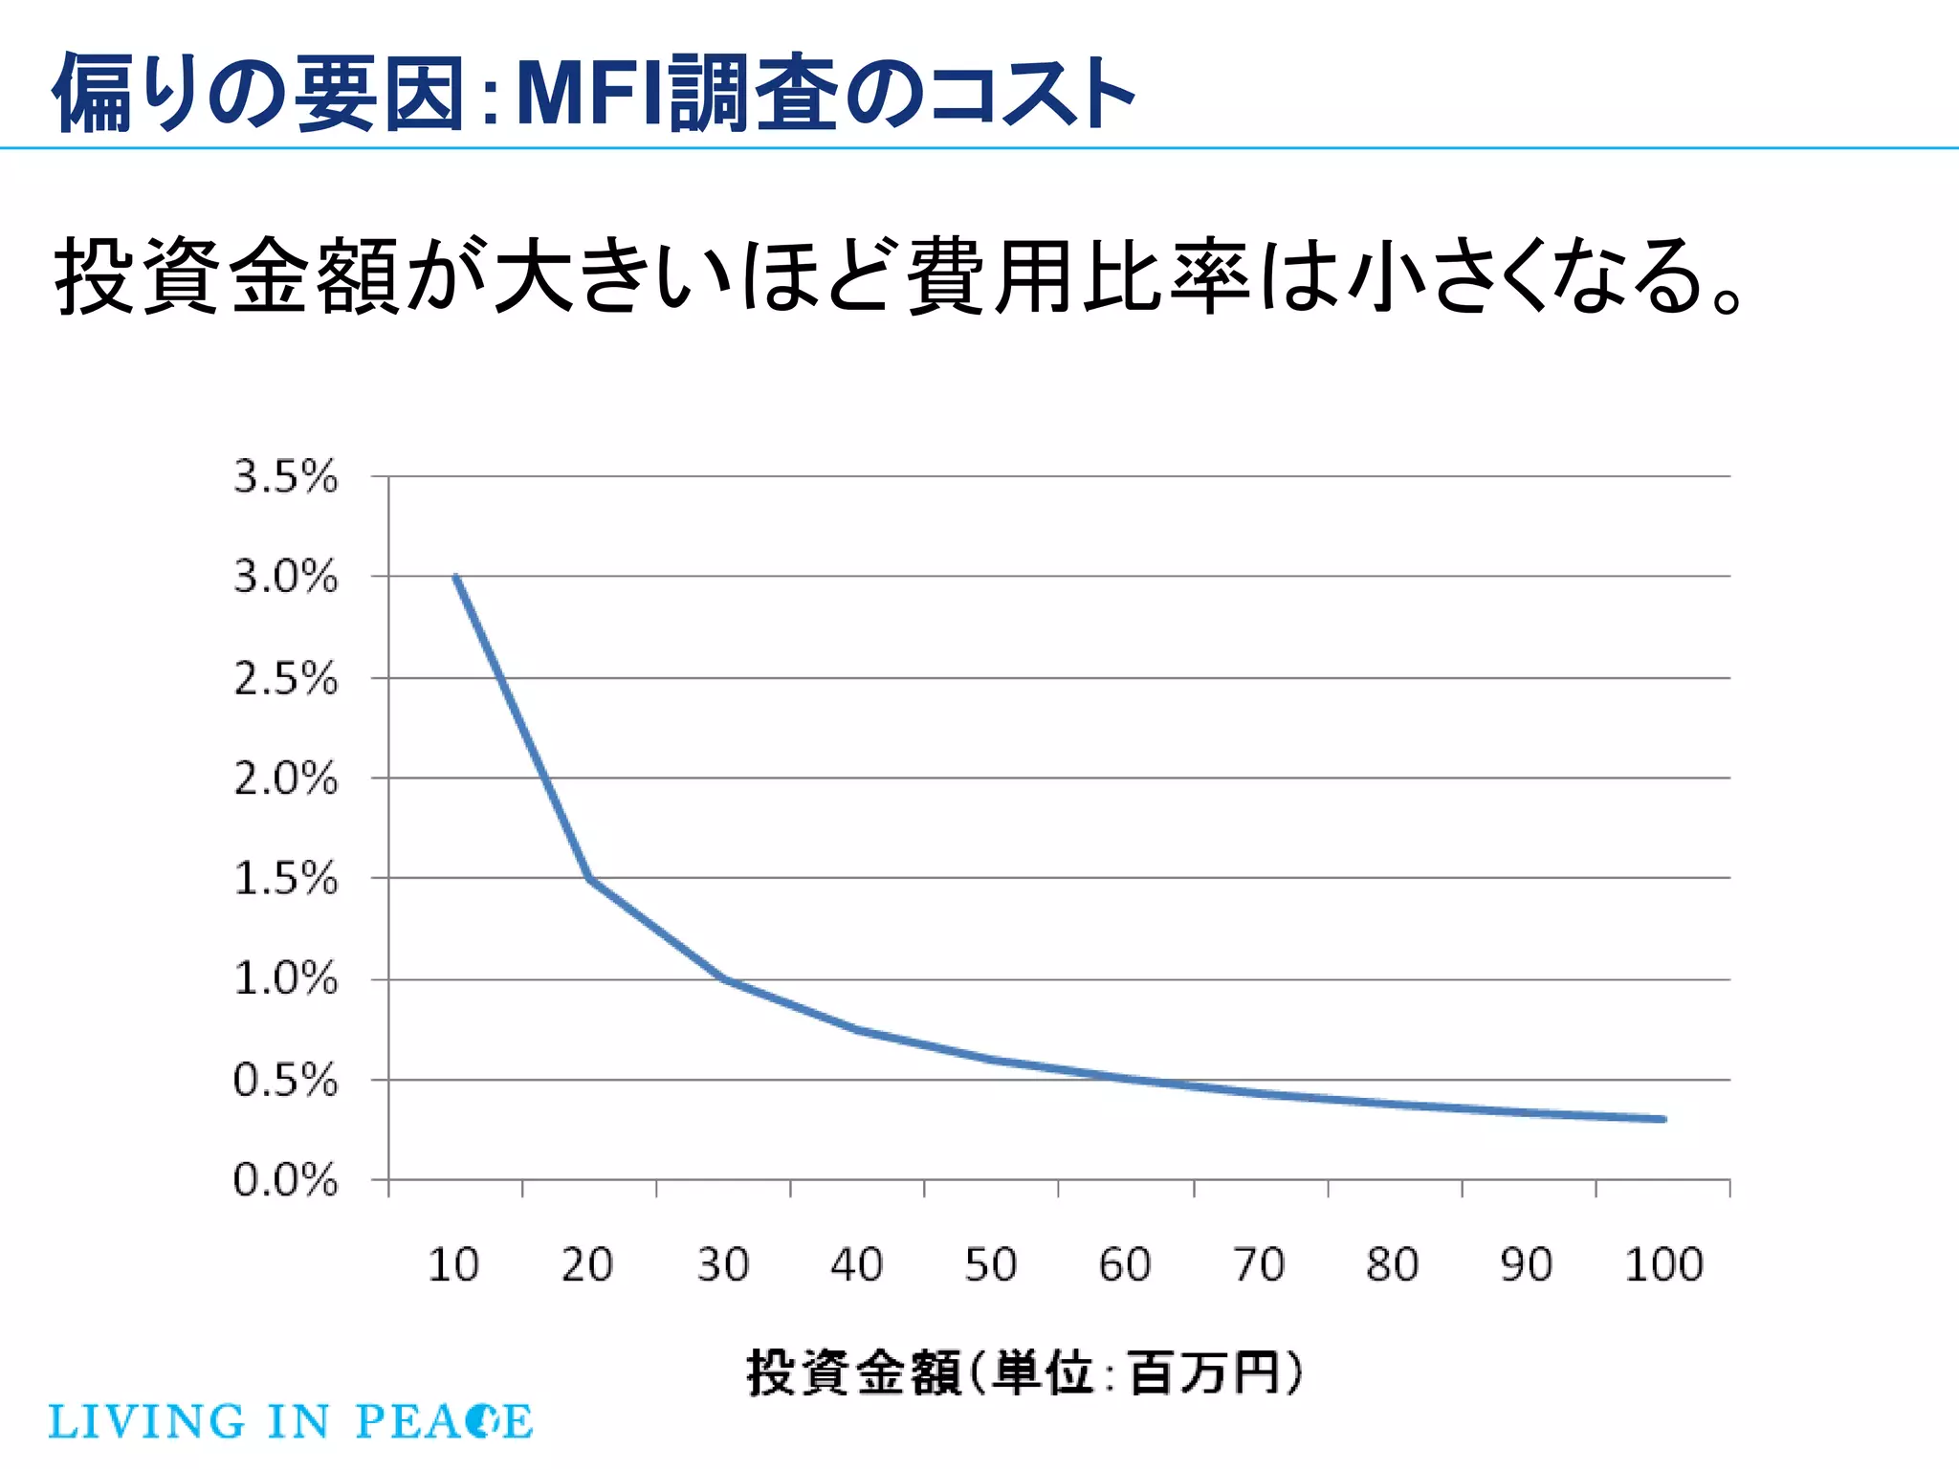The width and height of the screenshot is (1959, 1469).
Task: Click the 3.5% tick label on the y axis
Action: click(285, 476)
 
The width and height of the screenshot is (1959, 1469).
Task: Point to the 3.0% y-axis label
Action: click(285, 577)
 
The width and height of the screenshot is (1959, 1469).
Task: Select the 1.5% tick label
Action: click(285, 878)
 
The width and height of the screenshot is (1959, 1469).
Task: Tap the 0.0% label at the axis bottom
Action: click(285, 1180)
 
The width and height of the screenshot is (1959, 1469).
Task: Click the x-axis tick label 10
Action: click(452, 1264)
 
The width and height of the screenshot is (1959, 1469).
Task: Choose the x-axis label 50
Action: click(990, 1264)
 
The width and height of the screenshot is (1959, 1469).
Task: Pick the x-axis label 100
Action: click(1663, 1264)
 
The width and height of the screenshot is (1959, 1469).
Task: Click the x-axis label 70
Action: click(1258, 1264)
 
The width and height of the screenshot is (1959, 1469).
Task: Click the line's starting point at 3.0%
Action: click(456, 577)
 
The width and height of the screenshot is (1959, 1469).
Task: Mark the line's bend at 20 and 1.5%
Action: click(589, 878)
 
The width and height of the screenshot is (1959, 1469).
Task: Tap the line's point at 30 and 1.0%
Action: click(724, 979)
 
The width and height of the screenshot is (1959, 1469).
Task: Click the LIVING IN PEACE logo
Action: click(290, 1421)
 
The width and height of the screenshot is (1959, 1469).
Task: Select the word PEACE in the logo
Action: click(444, 1421)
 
